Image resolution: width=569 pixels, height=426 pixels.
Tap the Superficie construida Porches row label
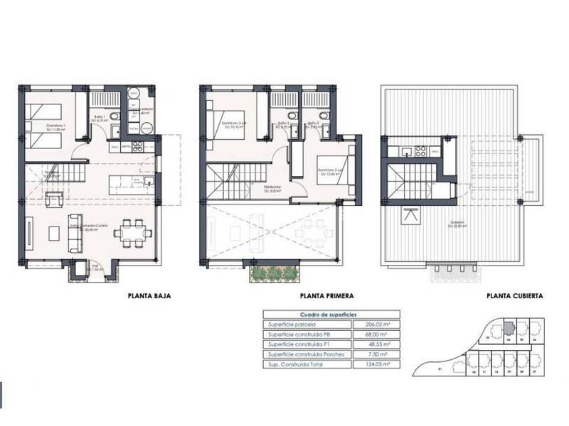[299, 354]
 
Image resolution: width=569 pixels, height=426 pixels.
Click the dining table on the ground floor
[132, 232]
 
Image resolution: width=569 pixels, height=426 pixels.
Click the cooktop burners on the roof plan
[420, 151]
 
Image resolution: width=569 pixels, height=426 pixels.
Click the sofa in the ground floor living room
[73, 231]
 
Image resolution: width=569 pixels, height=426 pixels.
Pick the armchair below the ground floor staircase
[53, 201]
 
